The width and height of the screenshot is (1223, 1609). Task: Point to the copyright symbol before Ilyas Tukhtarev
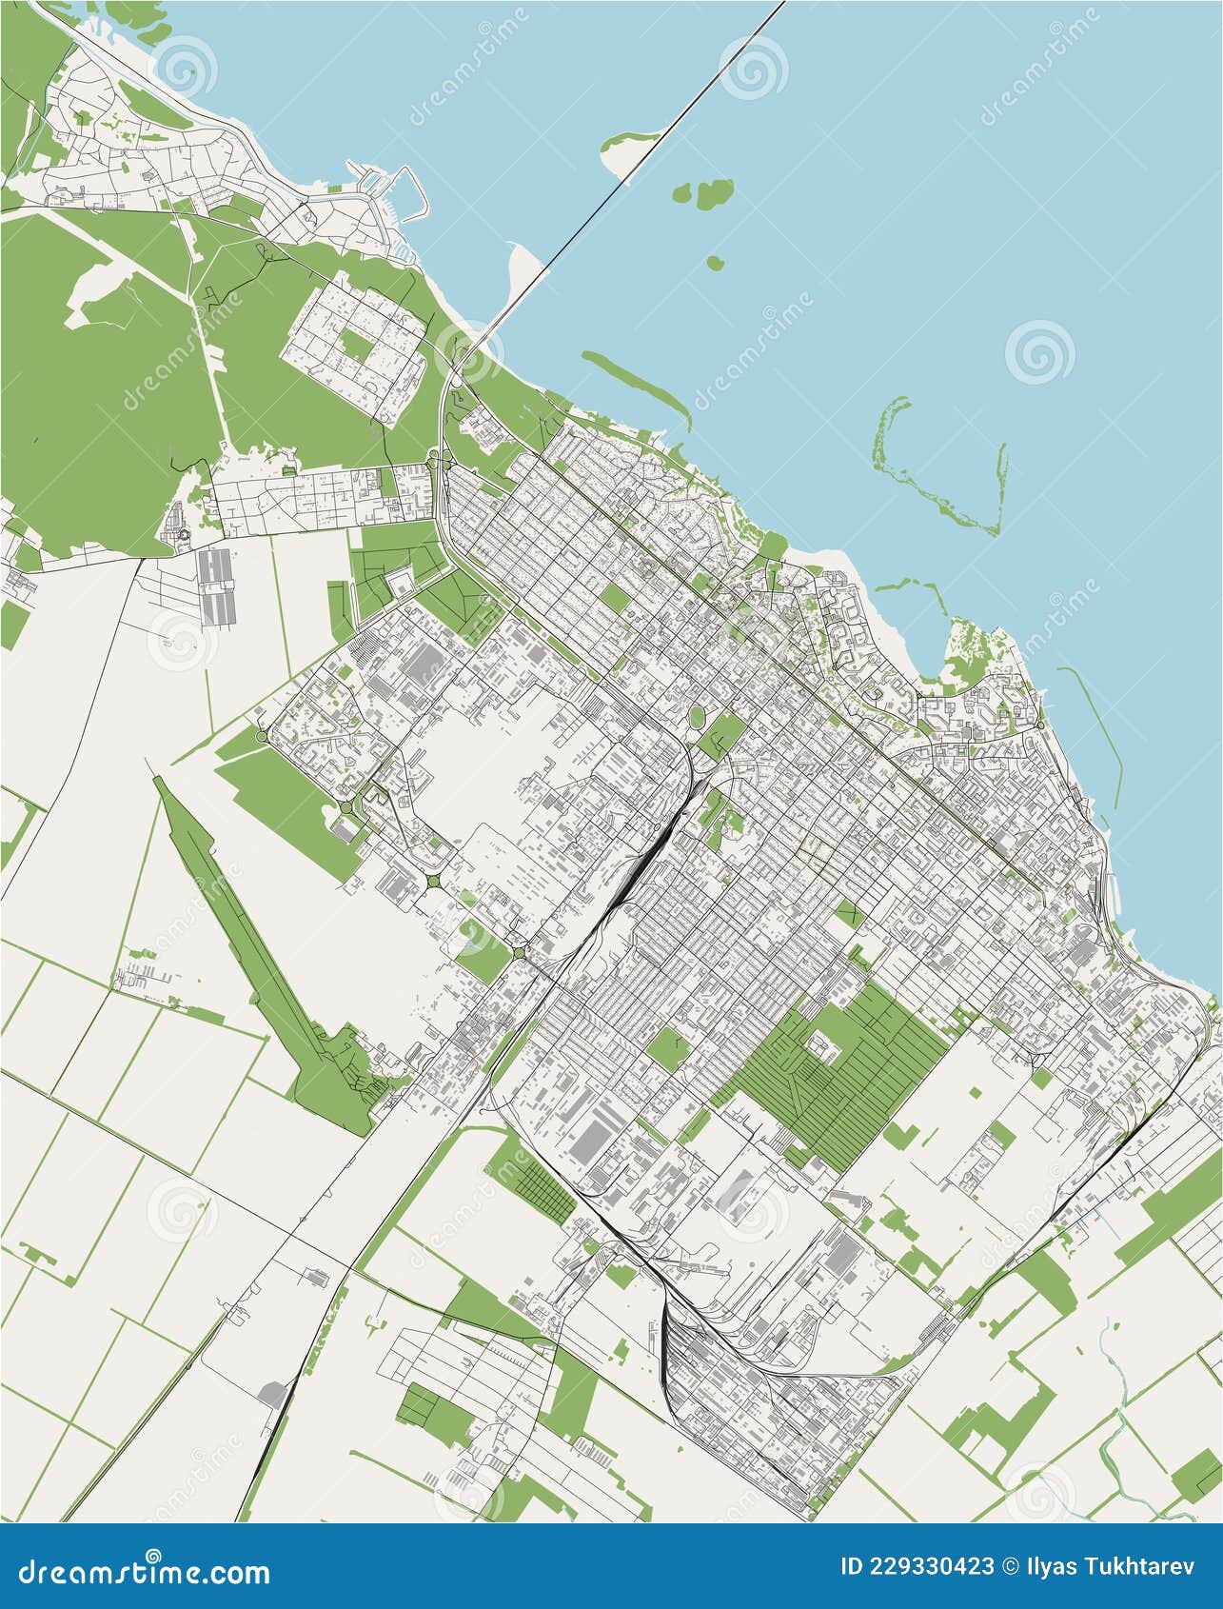pos(1015,1566)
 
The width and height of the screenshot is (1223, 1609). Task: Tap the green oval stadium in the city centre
pos(697,714)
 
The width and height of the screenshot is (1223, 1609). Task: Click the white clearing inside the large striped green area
pos(819,1045)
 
